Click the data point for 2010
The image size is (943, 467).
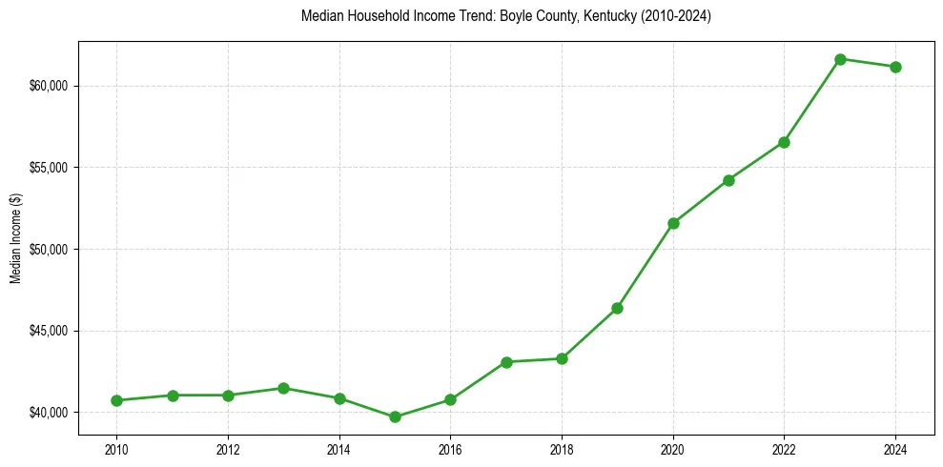116,400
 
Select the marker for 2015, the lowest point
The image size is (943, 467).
395,416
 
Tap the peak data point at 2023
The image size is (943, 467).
840,59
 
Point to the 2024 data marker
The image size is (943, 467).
895,67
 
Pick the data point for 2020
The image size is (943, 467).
673,223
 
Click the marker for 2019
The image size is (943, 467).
617,308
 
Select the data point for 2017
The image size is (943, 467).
506,362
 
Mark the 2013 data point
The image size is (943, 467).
283,388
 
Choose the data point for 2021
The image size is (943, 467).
728,180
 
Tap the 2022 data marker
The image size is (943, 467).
784,142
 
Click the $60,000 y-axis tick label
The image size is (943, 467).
49,86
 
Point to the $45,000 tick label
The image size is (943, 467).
49,331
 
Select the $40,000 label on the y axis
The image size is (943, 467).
49,413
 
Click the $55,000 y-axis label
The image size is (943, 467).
49,168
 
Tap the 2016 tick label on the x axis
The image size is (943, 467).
450,449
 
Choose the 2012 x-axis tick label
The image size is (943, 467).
227,449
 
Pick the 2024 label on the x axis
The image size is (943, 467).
895,449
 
